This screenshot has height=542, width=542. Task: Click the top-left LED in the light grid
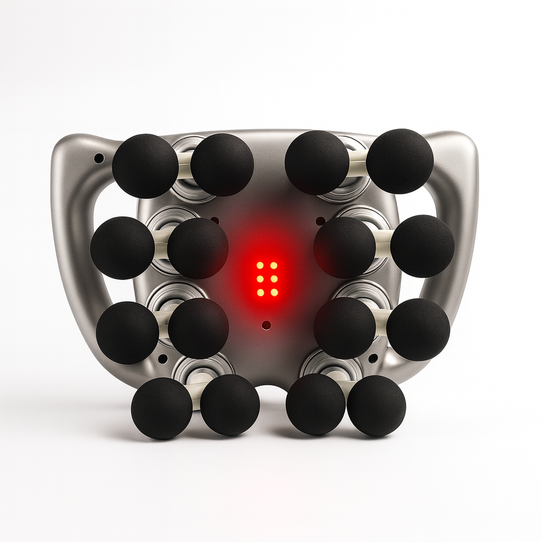(x=260, y=265)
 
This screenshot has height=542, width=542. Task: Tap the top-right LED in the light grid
(x=274, y=265)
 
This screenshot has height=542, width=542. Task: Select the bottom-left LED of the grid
(x=260, y=292)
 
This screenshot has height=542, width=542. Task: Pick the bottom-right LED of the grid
(x=274, y=292)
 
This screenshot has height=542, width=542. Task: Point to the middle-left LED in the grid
(x=260, y=278)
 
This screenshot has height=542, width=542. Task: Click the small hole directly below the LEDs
(x=266, y=325)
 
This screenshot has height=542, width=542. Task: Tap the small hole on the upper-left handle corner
(x=99, y=158)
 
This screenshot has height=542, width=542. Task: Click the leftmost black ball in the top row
(x=145, y=166)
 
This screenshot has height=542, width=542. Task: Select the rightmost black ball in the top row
(x=400, y=161)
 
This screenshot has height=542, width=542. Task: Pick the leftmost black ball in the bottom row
(x=161, y=408)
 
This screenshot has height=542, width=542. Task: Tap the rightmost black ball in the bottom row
(x=376, y=406)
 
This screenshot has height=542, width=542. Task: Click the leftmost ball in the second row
(x=122, y=248)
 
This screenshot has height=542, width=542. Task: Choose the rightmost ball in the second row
(x=422, y=246)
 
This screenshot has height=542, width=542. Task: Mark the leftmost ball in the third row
(x=128, y=332)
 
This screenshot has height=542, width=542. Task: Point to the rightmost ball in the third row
(x=418, y=330)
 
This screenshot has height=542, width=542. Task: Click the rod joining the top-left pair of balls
(x=184, y=165)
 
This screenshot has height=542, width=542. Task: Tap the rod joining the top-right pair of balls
(x=357, y=162)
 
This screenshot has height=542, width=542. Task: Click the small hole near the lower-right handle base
(x=373, y=358)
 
